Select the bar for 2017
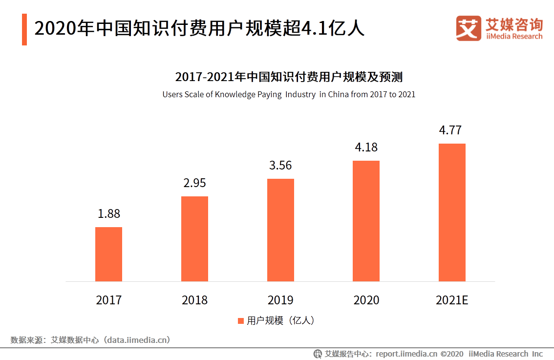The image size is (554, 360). click(108, 254)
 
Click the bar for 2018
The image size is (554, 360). click(194, 239)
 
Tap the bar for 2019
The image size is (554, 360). click(280, 230)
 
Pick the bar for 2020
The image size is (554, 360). click(366, 221)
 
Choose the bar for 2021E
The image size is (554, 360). click(452, 212)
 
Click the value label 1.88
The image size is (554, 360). click(108, 213)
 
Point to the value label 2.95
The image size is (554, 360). click(194, 183)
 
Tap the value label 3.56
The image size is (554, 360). click(280, 165)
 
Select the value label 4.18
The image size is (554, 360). click(366, 147)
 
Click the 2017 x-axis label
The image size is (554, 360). click(108, 300)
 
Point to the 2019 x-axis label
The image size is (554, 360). click(280, 300)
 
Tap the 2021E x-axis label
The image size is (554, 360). click(452, 300)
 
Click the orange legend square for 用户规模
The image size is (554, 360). click(240, 321)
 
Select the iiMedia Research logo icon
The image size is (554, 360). click(469, 28)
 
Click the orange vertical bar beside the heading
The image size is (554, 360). click(24, 29)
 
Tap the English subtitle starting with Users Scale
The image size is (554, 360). click(289, 94)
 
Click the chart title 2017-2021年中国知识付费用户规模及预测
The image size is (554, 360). click(289, 77)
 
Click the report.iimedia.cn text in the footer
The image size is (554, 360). click(407, 354)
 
